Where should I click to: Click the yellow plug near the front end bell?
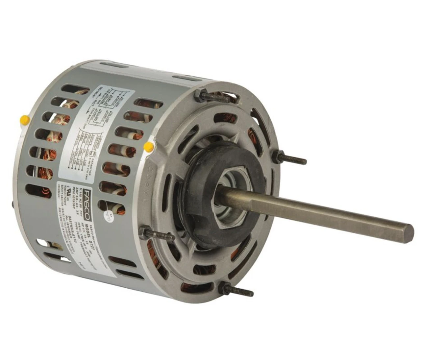(x=148, y=146)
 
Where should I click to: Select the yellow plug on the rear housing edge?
(x=23, y=117)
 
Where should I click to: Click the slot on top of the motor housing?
(x=187, y=78)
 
